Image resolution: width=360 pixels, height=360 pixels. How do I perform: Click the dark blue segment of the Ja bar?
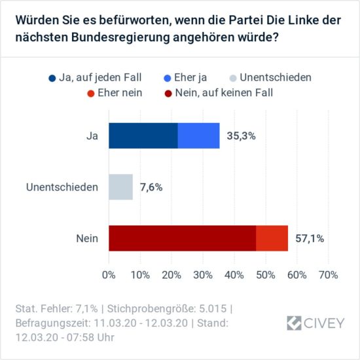click(x=143, y=135)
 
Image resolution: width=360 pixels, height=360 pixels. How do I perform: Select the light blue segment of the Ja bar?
click(x=198, y=135)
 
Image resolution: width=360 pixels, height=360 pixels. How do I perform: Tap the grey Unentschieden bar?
click(x=120, y=187)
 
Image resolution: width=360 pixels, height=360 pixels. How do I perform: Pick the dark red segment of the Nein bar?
click(x=182, y=238)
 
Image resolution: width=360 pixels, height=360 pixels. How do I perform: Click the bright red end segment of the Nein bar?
click(x=272, y=238)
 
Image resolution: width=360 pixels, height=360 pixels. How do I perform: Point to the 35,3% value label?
click(x=242, y=136)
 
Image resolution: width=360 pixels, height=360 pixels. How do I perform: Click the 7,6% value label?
click(x=151, y=187)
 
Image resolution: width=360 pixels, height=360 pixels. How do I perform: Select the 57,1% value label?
click(x=310, y=238)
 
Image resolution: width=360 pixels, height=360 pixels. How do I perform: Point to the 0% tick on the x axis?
click(x=109, y=274)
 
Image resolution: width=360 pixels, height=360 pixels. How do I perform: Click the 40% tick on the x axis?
click(x=234, y=274)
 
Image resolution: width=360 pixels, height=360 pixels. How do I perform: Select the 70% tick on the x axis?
click(x=328, y=274)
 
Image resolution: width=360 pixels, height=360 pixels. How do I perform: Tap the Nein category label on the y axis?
click(x=87, y=238)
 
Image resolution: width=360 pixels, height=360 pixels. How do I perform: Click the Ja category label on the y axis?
click(x=92, y=135)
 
